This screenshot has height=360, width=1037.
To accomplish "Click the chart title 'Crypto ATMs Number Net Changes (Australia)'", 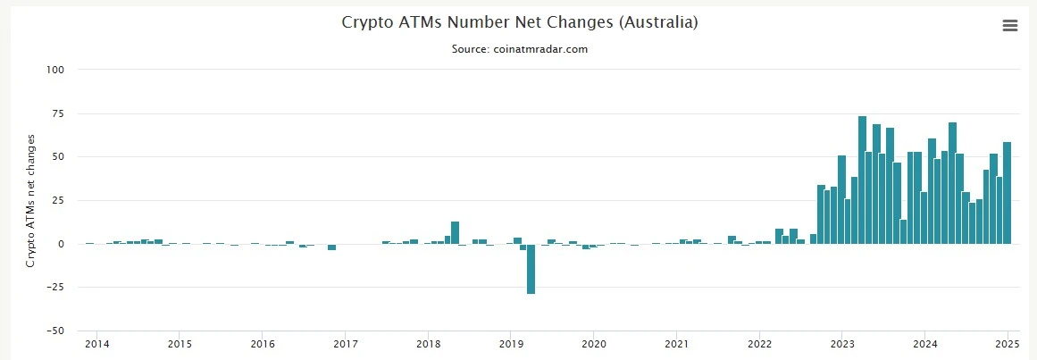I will click(520, 22).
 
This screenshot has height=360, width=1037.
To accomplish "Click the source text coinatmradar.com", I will click(520, 49).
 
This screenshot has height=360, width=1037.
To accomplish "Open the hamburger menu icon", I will click(1010, 26).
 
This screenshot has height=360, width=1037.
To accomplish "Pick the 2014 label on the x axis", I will click(96, 344).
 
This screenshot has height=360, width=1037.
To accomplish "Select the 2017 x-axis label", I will click(346, 344).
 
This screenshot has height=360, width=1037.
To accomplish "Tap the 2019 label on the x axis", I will click(511, 344).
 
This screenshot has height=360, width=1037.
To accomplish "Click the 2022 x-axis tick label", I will click(760, 344).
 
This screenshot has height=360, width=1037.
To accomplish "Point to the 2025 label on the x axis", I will click(1006, 344).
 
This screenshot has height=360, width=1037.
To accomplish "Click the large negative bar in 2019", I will click(531, 268).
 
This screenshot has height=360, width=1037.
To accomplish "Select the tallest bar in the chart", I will click(862, 180).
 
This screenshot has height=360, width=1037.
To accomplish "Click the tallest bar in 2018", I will click(455, 232).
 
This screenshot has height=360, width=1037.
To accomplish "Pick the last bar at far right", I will click(1007, 192).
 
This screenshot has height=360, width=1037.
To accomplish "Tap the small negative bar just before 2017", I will click(331, 247).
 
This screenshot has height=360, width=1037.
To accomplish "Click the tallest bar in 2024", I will click(952, 183).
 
